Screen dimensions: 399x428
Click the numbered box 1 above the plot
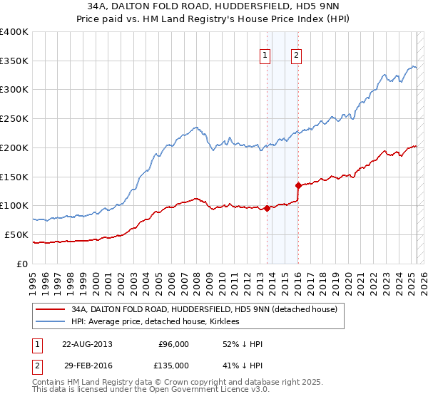(265, 55)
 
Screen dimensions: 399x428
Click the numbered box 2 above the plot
(295, 55)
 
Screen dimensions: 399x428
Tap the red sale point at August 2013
(267, 208)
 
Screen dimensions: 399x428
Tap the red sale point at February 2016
(298, 185)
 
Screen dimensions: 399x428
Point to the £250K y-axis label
(14, 118)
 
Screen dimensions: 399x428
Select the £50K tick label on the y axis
(16, 234)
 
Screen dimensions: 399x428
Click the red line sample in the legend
(51, 309)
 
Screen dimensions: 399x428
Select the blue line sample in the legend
(51, 321)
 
